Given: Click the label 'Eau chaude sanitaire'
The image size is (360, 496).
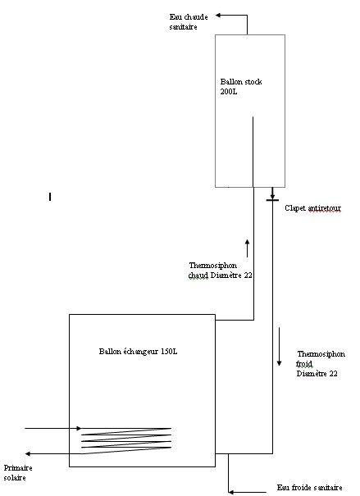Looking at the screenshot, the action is coord(189,22).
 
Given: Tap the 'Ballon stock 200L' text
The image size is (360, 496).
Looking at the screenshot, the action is coord(241,87).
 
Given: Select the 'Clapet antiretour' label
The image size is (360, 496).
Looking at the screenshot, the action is coord(313,208).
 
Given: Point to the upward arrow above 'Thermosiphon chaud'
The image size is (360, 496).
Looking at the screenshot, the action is coord(247,248).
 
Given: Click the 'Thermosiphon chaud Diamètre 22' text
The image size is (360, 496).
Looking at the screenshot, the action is coord(220,271).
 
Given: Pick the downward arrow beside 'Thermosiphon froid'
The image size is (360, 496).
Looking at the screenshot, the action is coord(279,347).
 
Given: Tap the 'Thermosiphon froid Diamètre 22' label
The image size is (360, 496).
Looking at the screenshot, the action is coord(321,364).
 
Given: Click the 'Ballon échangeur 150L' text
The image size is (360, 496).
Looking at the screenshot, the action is coord(138,352).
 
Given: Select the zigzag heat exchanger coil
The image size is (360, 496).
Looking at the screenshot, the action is coord(126,441).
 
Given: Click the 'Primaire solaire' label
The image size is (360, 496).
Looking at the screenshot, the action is coord(18,472).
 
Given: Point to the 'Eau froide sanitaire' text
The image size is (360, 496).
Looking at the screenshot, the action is coord(309,488).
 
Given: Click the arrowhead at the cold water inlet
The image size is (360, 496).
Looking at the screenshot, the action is coord(231,492).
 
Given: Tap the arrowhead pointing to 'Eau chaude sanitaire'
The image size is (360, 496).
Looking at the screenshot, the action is coord(218,15).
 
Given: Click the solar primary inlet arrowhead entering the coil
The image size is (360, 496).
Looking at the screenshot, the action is coord(79,428).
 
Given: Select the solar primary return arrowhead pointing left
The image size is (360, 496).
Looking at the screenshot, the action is coord(28,453).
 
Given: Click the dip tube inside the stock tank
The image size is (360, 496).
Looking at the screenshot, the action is coord(253,152).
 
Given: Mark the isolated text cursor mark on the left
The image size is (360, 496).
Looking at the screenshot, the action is coord(50,197).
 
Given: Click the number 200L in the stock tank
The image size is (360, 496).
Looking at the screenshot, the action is coord(229,92).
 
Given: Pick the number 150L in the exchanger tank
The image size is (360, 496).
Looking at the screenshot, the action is coord(169,352).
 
